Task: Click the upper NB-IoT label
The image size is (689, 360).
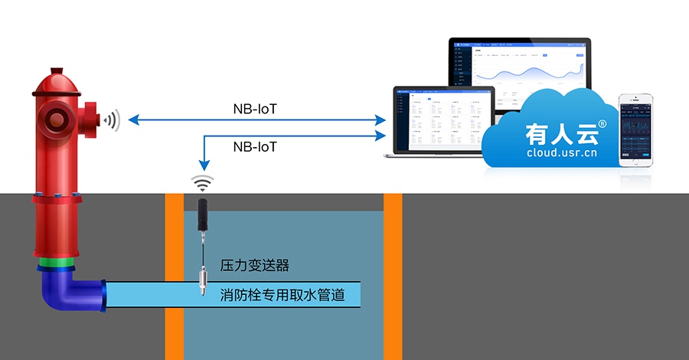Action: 255,109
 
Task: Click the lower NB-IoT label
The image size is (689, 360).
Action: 255,145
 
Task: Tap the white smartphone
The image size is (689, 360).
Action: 636,130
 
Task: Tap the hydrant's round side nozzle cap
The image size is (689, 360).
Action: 56,119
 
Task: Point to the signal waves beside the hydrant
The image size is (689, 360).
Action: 113,119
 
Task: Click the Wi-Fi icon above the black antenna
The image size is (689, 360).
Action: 204,183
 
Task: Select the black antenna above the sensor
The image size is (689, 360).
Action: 204,214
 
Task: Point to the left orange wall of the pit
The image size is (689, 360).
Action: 175,276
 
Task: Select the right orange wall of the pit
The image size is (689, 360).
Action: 393,276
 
